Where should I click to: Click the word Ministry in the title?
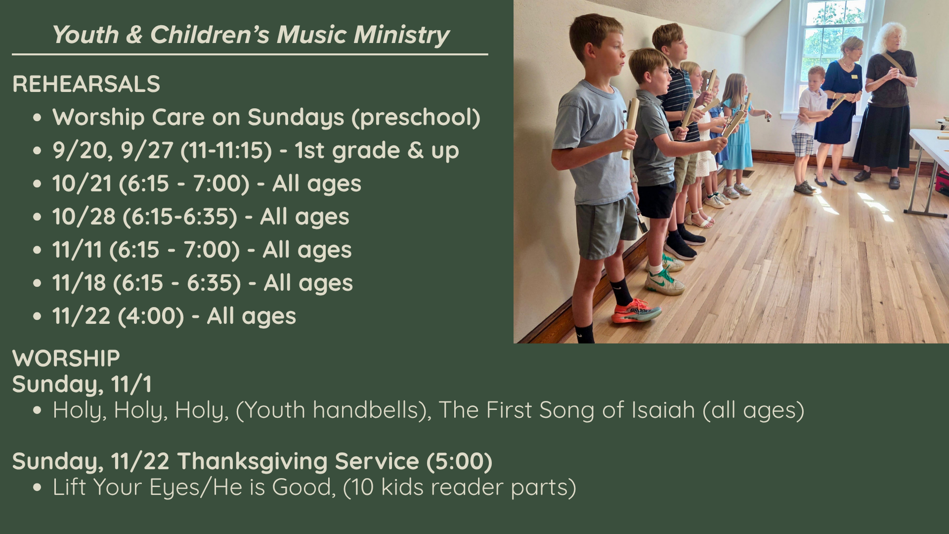pyautogui.click(x=401, y=35)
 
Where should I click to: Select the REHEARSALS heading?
pyautogui.click(x=86, y=84)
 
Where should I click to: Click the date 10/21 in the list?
pyautogui.click(x=82, y=183)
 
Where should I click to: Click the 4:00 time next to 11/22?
pyautogui.click(x=151, y=316)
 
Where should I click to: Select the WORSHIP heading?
pyautogui.click(x=66, y=358)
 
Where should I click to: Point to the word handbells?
pyautogui.click(x=366, y=410)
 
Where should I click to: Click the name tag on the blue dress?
pyautogui.click(x=854, y=77)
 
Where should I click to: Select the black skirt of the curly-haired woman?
pyautogui.click(x=882, y=135)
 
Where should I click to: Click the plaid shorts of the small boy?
pyautogui.click(x=803, y=144)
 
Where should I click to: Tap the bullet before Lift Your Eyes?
pyautogui.click(x=38, y=488)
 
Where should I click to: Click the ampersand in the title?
pyautogui.click(x=134, y=35)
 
